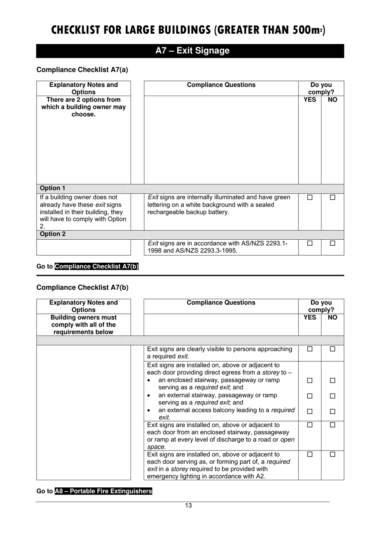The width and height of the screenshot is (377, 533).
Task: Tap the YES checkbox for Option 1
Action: (x=310, y=197)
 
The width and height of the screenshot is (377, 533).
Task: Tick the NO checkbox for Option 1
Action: (x=333, y=197)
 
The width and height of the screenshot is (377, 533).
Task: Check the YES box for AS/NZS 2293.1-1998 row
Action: (x=310, y=243)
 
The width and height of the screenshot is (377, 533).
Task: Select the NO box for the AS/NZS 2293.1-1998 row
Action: (x=333, y=243)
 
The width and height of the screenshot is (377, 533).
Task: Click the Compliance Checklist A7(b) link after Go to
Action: (x=96, y=266)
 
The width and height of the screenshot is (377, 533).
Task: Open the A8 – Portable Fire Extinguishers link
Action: (x=103, y=491)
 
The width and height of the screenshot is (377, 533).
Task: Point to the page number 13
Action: (x=188, y=505)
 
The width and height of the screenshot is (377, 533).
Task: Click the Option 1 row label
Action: (x=52, y=188)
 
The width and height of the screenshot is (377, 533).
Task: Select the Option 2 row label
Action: (x=52, y=234)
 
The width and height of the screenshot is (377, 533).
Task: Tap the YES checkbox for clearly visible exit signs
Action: (x=310, y=349)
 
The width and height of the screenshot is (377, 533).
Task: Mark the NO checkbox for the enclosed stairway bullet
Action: (x=333, y=380)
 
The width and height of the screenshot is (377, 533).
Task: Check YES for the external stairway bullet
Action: (x=310, y=396)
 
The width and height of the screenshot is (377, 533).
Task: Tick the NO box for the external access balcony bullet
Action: (x=333, y=412)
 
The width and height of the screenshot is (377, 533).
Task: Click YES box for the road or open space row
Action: (x=310, y=425)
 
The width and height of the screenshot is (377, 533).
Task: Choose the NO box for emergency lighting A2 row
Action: (x=333, y=454)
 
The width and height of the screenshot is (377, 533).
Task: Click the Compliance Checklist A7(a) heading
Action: (x=82, y=70)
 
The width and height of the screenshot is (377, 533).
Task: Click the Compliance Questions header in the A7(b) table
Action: (x=221, y=302)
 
